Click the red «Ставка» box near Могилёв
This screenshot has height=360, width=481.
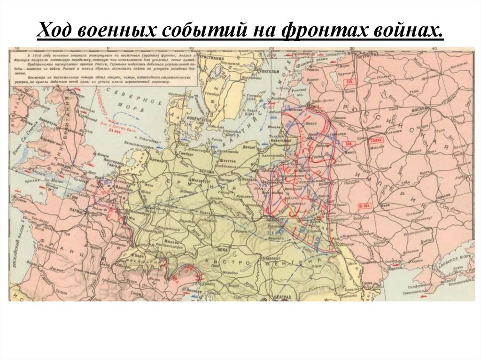tap(363, 140)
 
